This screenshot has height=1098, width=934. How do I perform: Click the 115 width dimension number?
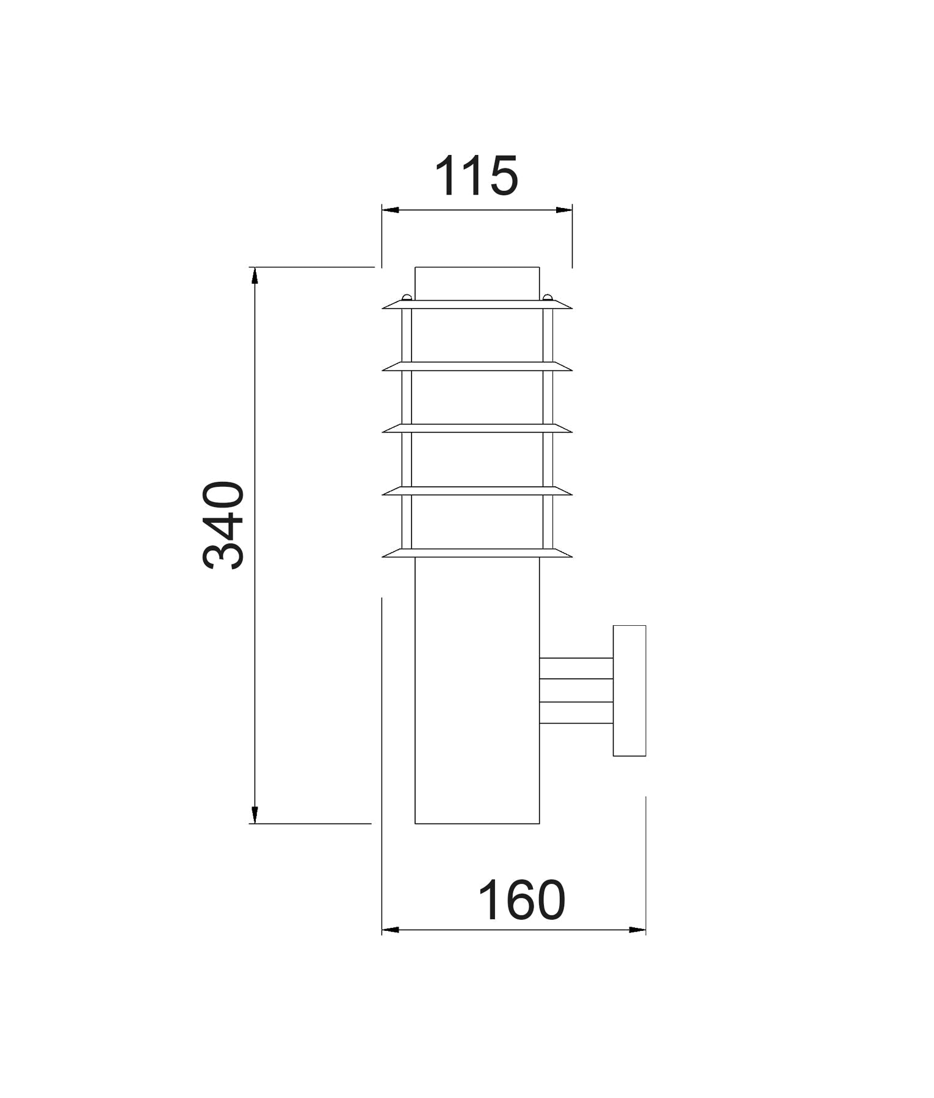(476, 177)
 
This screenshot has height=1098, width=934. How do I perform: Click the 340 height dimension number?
(223, 525)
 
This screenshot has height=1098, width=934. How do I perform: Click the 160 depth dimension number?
(522, 900)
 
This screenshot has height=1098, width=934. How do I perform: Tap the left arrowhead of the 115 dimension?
(390, 210)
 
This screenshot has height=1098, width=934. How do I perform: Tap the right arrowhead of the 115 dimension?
(564, 210)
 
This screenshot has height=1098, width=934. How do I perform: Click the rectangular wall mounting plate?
(629, 691)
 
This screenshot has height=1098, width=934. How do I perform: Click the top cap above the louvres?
(477, 284)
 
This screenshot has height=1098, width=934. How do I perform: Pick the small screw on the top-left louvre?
(406, 298)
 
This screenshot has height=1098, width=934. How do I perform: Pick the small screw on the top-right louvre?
(548, 298)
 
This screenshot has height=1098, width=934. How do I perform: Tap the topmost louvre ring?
(477, 304)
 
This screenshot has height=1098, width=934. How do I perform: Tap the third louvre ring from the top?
(477, 428)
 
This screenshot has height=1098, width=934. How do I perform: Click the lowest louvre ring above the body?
(477, 553)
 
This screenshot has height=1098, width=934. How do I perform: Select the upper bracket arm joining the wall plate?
(576, 669)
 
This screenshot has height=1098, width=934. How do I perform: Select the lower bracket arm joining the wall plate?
(576, 712)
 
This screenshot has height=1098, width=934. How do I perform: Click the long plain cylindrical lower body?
(477, 689)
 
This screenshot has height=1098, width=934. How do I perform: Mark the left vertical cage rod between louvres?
(407, 396)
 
